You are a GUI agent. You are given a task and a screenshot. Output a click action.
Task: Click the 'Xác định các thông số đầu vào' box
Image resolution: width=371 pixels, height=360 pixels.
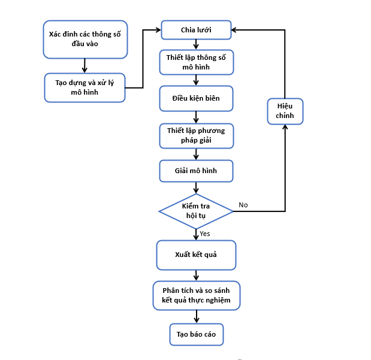click(x=86, y=40)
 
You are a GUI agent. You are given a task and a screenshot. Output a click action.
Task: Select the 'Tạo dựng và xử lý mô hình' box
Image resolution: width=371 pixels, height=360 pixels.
click(x=85, y=87)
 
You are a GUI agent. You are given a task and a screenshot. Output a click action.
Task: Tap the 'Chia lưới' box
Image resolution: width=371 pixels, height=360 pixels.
click(x=196, y=30)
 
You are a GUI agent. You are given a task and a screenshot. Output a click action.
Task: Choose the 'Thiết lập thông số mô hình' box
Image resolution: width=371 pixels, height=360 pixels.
click(x=197, y=62)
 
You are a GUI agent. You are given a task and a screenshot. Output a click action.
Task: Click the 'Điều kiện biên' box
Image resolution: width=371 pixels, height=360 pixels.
click(x=196, y=98)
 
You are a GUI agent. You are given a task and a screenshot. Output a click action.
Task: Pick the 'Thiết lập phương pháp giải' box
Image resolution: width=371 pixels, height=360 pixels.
click(x=197, y=136)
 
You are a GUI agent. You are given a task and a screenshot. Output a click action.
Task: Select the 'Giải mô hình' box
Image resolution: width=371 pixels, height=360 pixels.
click(x=196, y=171)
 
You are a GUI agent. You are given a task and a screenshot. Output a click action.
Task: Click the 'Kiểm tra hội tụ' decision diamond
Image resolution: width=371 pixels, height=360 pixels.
click(x=196, y=211)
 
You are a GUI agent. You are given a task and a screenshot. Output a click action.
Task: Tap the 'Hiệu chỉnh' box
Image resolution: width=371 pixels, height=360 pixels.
click(x=285, y=111)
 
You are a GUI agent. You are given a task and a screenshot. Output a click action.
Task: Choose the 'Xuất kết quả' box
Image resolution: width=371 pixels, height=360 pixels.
click(x=196, y=255)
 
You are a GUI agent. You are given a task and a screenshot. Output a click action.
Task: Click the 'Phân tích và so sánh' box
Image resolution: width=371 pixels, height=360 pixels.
click(x=197, y=295)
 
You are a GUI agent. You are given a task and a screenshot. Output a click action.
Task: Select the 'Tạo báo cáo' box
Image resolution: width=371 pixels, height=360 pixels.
click(x=197, y=334)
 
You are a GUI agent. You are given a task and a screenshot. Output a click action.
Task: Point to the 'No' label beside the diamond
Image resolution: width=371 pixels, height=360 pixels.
click(x=243, y=205)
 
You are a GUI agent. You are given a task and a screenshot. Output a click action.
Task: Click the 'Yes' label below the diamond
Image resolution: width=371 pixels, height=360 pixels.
click(x=204, y=234)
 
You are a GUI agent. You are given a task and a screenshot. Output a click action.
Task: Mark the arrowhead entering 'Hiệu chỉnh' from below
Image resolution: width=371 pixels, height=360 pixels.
click(x=285, y=127)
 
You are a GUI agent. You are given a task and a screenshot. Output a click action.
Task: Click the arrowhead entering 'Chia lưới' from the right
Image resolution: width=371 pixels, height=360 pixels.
click(x=234, y=30)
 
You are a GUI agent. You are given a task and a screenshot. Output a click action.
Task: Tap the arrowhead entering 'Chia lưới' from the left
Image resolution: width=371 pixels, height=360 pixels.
click(x=158, y=30)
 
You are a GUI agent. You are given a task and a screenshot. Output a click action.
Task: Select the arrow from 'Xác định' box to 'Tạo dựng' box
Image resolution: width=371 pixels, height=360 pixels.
click(x=85, y=65)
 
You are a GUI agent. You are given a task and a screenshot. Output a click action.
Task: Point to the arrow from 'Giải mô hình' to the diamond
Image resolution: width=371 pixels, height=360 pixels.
click(x=196, y=188)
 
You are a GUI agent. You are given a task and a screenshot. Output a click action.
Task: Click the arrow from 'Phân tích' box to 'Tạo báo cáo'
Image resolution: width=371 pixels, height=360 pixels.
click(x=197, y=317)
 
